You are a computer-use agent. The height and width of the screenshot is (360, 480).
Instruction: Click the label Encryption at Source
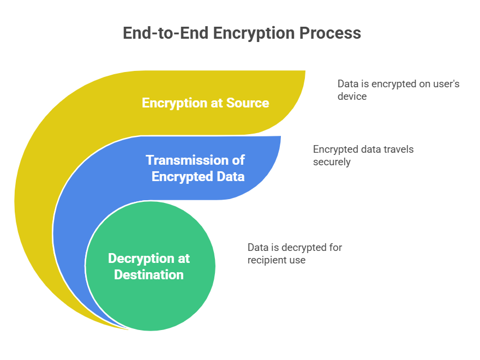(x=205, y=103)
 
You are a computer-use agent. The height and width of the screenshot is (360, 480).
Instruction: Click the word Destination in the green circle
(x=148, y=274)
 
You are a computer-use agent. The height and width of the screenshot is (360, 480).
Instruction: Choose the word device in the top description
(x=352, y=96)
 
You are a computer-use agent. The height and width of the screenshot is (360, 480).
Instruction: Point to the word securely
(x=332, y=161)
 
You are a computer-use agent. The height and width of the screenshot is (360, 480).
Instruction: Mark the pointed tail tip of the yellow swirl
(x=128, y=329)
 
